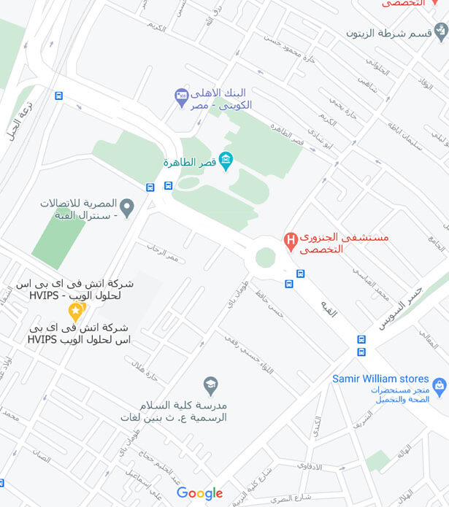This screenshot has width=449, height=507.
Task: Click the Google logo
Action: click(199, 494)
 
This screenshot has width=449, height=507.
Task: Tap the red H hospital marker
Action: click(291, 240)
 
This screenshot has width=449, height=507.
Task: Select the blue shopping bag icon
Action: click(439, 385)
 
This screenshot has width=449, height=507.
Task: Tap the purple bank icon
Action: click(182, 97)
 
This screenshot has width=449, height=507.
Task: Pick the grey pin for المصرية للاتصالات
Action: click(127, 208)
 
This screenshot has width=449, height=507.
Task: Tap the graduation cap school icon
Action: click(210, 384)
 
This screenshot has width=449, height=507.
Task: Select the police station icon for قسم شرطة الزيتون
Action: click(440, 32)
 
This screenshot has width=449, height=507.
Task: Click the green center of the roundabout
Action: click(266, 257)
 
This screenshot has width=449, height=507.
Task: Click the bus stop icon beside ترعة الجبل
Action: click(59, 96)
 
